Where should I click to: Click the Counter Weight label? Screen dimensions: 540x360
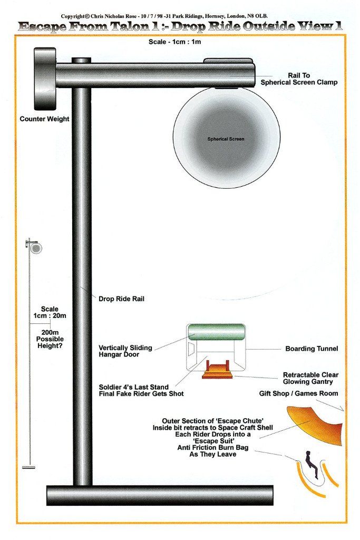click(44, 119)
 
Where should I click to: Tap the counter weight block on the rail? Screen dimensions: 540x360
click(45, 77)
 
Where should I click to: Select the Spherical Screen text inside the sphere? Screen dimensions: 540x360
click(226, 139)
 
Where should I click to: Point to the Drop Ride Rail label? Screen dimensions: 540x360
click(121, 298)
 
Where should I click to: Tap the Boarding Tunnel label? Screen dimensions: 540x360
click(312, 349)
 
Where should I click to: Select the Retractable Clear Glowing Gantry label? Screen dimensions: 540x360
click(310, 378)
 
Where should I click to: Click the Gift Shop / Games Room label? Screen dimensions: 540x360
click(298, 393)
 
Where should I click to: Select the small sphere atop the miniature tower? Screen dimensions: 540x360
click(36, 248)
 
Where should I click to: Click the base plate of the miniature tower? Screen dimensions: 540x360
click(29, 467)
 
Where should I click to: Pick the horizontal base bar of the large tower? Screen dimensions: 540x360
click(160, 495)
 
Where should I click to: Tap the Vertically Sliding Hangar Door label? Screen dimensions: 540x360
click(125, 351)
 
